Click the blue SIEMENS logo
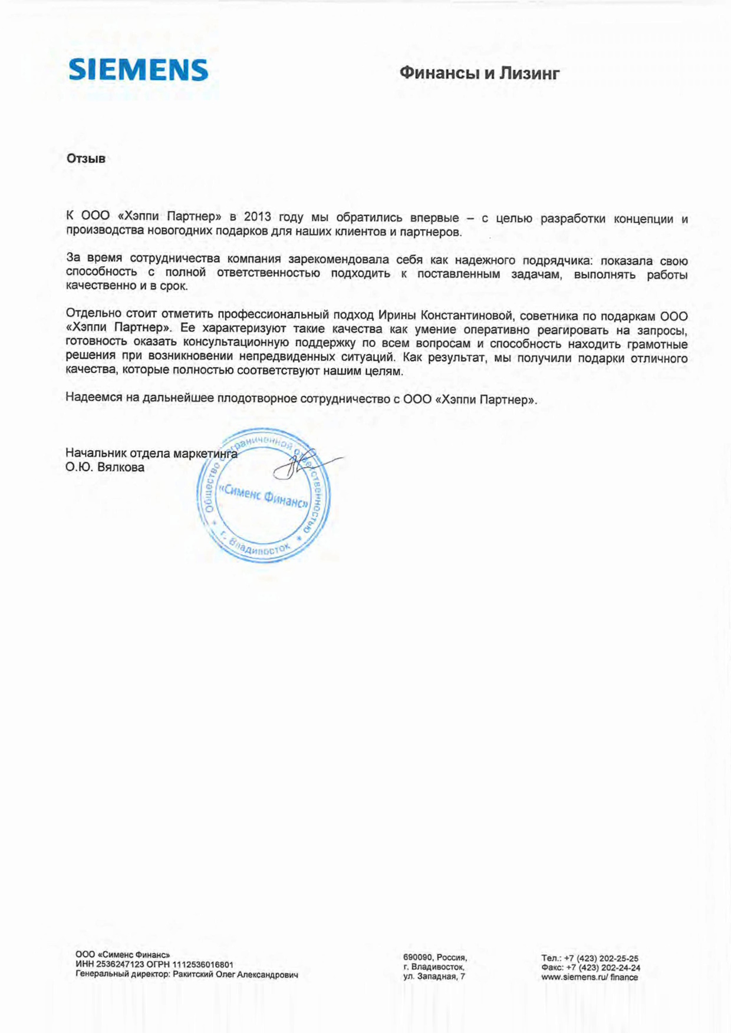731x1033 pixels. (139, 70)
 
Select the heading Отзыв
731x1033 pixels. (86, 158)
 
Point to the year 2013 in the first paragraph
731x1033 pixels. (258, 217)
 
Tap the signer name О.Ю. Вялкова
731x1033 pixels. (105, 468)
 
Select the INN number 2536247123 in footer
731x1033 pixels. (118, 965)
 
